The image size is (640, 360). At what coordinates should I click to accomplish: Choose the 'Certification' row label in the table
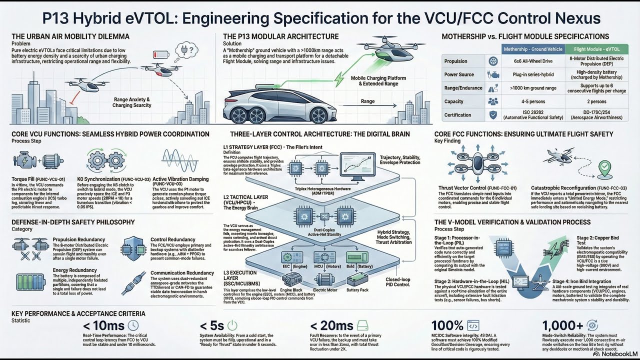(x=457, y=115)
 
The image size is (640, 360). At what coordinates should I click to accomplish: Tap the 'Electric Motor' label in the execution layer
(x=325, y=289)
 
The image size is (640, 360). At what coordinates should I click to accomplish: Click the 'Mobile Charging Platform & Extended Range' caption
(x=378, y=81)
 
